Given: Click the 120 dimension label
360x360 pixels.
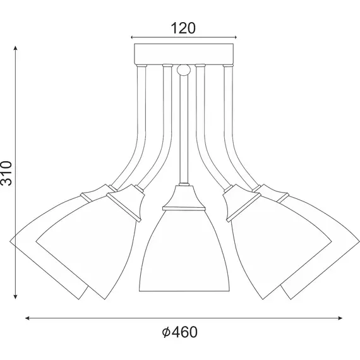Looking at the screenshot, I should click(x=183, y=27).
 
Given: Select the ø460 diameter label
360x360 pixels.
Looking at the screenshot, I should click(x=181, y=332).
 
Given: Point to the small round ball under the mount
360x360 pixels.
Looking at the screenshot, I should click(x=183, y=69).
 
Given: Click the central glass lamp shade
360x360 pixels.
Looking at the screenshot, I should click(x=183, y=253).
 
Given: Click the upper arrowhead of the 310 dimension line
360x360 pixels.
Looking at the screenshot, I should click(x=16, y=47).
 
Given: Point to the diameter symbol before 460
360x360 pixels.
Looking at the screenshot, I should click(x=165, y=332).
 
